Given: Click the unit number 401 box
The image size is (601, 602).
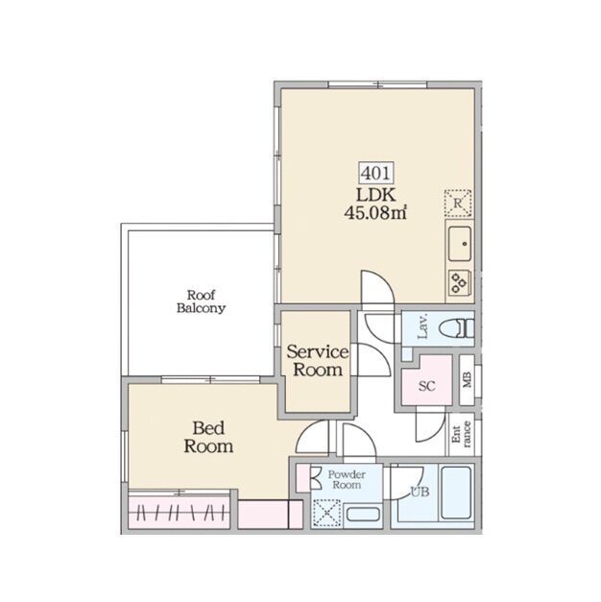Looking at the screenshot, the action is coord(376,173).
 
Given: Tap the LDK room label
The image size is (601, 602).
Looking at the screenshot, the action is coord(376,196).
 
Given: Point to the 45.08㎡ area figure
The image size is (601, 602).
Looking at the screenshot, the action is coord(375,212).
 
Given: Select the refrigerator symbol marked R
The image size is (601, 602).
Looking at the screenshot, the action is coord(458,203).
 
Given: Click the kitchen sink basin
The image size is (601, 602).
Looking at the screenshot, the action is coord(460,244).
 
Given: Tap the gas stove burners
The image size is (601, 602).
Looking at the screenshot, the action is coord(460,282).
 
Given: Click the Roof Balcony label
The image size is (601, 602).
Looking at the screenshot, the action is coord(201,301).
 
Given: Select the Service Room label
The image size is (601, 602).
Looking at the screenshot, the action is coord(318,360).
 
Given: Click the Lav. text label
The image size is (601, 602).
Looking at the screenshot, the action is coord(422,327).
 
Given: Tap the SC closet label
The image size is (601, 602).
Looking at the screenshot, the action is coord(426,385).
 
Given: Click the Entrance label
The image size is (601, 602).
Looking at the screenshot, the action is coord(462,434).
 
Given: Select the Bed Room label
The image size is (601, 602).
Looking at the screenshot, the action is coord(208,437).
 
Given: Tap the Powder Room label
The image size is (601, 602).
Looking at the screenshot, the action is coord(347,480).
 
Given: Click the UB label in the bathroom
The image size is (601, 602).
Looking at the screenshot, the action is coord(420,492).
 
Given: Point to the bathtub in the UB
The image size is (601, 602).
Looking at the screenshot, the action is coord(456,493).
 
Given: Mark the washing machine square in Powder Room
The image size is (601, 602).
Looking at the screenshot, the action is coord(326,514).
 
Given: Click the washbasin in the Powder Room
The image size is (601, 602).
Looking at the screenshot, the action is coord(363,514).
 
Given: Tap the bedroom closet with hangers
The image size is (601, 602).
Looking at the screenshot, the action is coord(180,512).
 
